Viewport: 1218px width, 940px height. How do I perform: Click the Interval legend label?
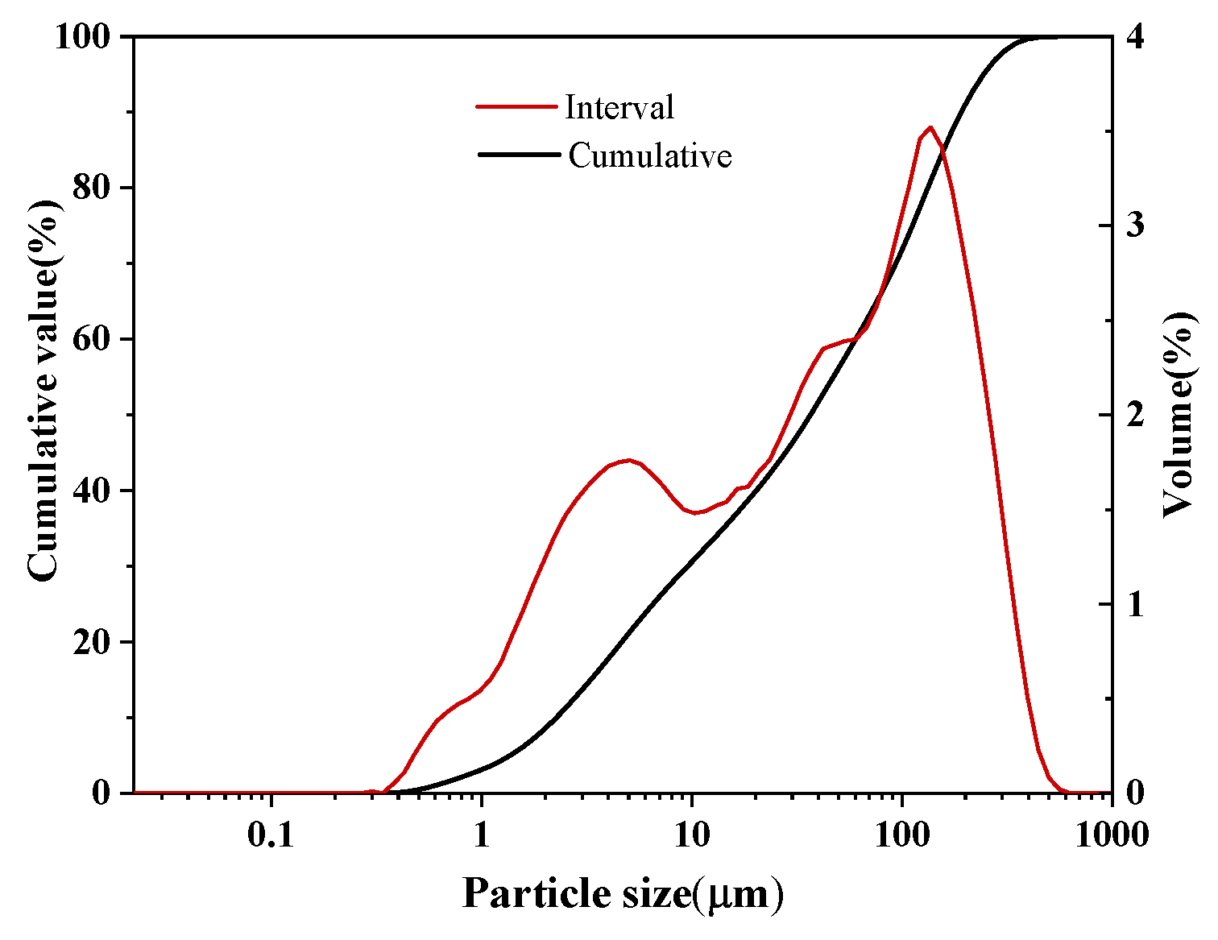click(619, 107)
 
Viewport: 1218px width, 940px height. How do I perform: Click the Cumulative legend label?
click(649, 155)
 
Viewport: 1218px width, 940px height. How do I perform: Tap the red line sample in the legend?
click(516, 106)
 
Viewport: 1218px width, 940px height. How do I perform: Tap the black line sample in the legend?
click(518, 154)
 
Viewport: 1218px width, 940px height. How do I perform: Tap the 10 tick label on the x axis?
click(691, 834)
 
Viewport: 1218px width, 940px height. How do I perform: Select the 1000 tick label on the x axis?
click(1112, 834)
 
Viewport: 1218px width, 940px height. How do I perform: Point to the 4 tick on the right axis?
click(1135, 37)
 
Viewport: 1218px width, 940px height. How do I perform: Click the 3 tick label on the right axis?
click(1135, 226)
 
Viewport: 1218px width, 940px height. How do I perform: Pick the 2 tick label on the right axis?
click(1135, 415)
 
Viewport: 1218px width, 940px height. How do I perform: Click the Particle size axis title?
click(623, 894)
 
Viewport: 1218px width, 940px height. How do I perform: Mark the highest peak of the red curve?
click(930, 127)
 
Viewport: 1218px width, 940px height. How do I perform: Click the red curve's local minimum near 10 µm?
click(695, 512)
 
